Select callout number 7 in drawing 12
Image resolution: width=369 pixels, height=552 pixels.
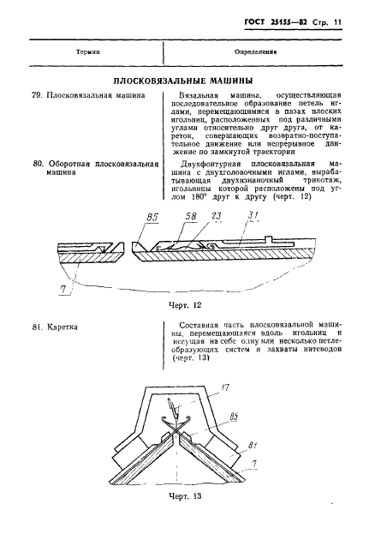(64, 289)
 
